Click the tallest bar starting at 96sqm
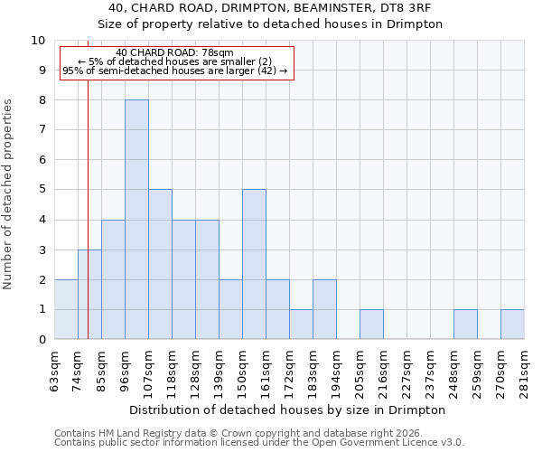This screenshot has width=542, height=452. click(x=136, y=220)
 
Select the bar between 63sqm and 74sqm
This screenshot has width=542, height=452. click(x=66, y=309)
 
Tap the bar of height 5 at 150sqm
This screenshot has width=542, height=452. click(x=254, y=264)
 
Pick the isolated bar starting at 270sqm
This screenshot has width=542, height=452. click(x=512, y=325)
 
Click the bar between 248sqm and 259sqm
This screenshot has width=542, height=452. click(x=465, y=325)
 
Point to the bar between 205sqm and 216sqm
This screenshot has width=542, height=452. click(x=371, y=325)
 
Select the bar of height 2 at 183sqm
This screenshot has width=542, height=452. click(x=324, y=309)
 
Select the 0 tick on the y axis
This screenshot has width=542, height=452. click(x=42, y=340)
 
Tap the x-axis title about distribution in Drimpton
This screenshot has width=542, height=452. click(x=288, y=410)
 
